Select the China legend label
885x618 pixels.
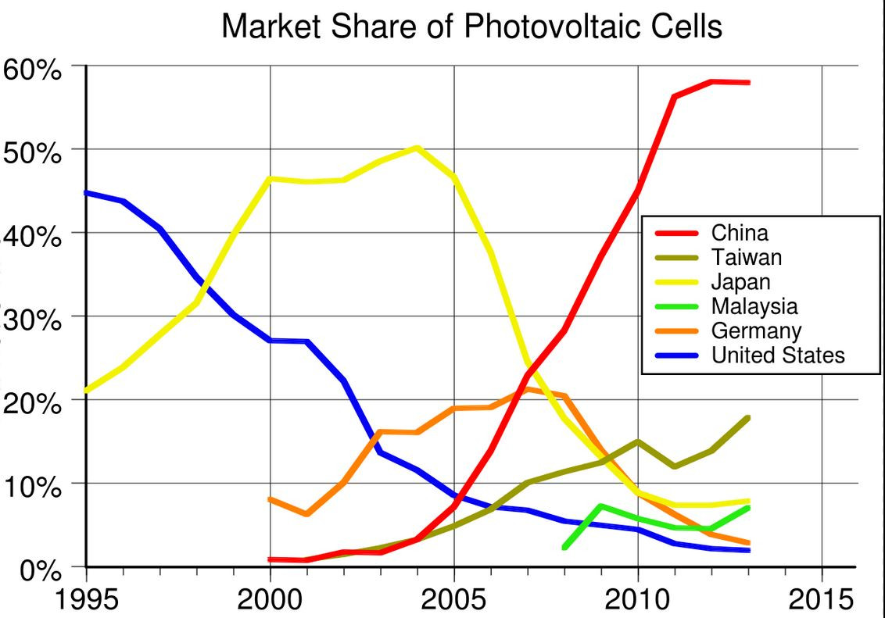[x=739, y=233]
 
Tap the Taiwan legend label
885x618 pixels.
[x=746, y=257]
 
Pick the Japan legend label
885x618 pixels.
[x=740, y=281]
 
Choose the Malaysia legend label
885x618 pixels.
[x=754, y=305]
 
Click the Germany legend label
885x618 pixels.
[x=756, y=330]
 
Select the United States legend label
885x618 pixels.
[x=778, y=355]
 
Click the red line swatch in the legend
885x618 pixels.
[x=675, y=234]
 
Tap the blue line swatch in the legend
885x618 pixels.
[x=675, y=356]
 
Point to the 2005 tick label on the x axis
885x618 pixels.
[x=453, y=600]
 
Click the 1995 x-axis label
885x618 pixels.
[x=86, y=600]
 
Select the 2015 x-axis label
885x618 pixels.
[x=822, y=600]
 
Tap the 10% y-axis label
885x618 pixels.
[x=31, y=485]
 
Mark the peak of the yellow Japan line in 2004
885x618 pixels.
[x=417, y=148]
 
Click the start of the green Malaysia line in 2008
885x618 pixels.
[x=564, y=548]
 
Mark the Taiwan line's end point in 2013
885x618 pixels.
[x=748, y=418]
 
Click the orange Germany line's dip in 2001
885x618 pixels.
[x=307, y=514]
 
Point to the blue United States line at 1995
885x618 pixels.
[x=87, y=192]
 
